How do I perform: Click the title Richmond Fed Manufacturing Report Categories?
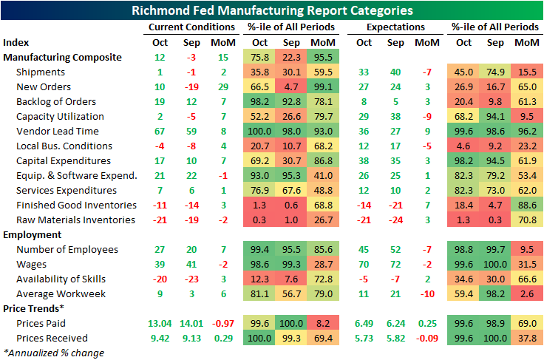272,10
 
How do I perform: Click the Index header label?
16,42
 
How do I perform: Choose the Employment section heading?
31,234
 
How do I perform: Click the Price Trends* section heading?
33,308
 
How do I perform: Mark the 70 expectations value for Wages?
364,264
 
